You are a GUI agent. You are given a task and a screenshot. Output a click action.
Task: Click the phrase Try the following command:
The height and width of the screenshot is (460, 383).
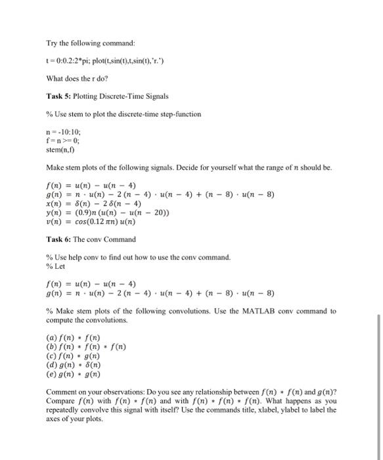pyautogui.click(x=89, y=43)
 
